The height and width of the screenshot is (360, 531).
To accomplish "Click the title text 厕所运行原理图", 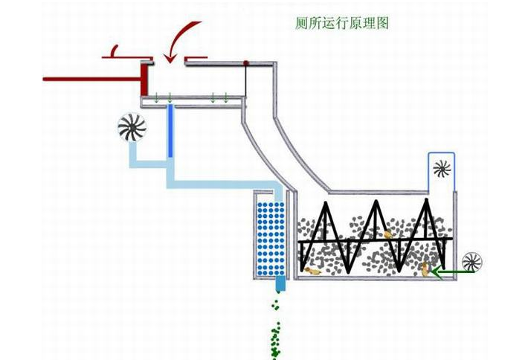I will pyautogui.click(x=341, y=23).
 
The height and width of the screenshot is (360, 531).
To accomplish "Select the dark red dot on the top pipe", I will pyautogui.click(x=246, y=64).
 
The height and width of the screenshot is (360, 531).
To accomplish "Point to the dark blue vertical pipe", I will pyautogui.click(x=171, y=131).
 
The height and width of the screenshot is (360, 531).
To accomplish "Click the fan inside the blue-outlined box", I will pyautogui.click(x=441, y=169).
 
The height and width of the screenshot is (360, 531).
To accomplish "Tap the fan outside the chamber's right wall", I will pyautogui.click(x=472, y=262).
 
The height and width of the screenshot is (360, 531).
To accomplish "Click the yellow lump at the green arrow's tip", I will pyautogui.click(x=426, y=269).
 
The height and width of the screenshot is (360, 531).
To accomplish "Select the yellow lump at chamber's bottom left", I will pyautogui.click(x=313, y=271).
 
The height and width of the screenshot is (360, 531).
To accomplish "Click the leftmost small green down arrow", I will pyautogui.click(x=157, y=97).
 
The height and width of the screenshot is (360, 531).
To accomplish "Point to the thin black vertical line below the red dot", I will pyautogui.click(x=246, y=81).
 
